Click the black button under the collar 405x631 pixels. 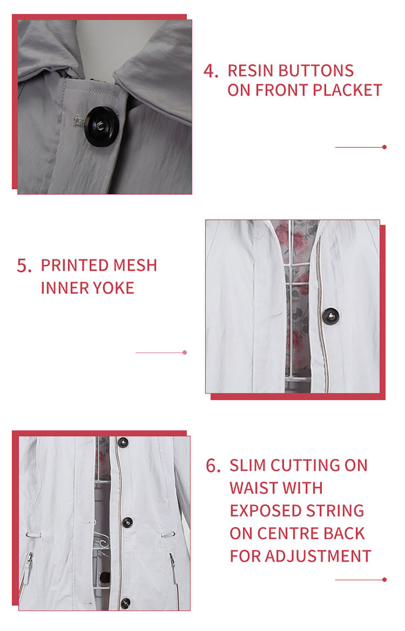[x=100, y=126]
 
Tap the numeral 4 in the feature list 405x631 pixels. [x=210, y=71]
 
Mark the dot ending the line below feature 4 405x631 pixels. [x=385, y=147]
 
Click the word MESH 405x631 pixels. [x=135, y=266]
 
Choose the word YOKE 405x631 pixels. [x=114, y=288]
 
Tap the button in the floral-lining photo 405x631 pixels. [x=331, y=316]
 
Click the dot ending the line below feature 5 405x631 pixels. [x=185, y=352]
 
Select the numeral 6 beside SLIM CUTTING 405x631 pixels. [x=213, y=465]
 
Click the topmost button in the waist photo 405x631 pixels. [x=123, y=443]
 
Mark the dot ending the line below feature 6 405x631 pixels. [x=385, y=580]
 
